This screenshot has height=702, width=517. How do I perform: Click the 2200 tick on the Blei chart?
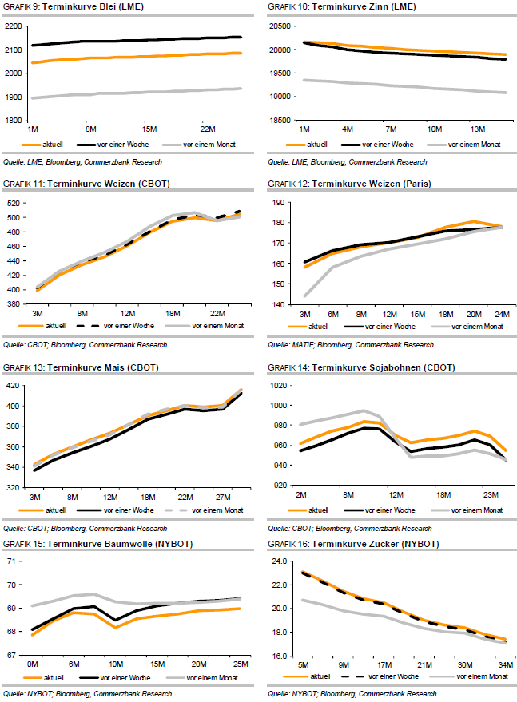click(14, 26)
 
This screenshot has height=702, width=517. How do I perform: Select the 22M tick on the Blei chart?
click(208, 129)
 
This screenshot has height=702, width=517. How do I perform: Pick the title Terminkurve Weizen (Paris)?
click(364, 184)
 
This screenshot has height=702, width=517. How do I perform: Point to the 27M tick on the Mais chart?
click(222, 494)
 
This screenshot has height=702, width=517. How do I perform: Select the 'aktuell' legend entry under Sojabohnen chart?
click(319, 510)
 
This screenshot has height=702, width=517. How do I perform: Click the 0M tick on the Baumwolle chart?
click(32, 664)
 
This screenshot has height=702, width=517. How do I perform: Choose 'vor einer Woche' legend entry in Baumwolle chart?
click(129, 677)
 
